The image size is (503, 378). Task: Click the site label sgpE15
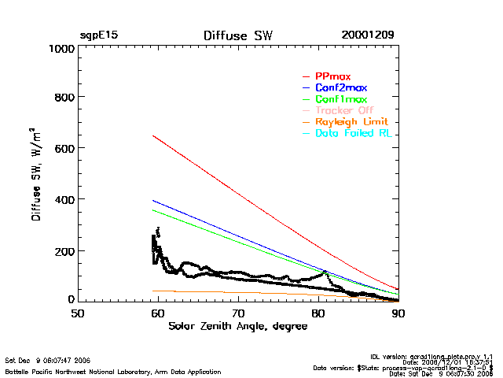tap(98, 35)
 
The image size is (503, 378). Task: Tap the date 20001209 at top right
tap(368, 35)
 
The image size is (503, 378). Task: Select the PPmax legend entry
tap(332, 76)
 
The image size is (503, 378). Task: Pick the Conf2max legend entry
tap(340, 88)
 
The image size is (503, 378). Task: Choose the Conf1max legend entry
tap(340, 100)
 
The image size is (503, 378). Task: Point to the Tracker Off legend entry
tap(344, 111)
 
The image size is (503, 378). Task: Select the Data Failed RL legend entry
tap(353, 134)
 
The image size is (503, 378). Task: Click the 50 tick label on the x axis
tap(78, 313)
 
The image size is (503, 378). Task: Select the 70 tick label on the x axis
tap(238, 313)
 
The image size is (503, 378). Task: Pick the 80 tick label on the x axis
tap(318, 313)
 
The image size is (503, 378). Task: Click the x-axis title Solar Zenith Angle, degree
tap(238, 326)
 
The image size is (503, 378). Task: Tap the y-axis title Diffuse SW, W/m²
tap(36, 174)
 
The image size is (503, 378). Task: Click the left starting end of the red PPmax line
tap(152, 135)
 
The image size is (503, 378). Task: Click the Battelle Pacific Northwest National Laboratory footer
tap(113, 371)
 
